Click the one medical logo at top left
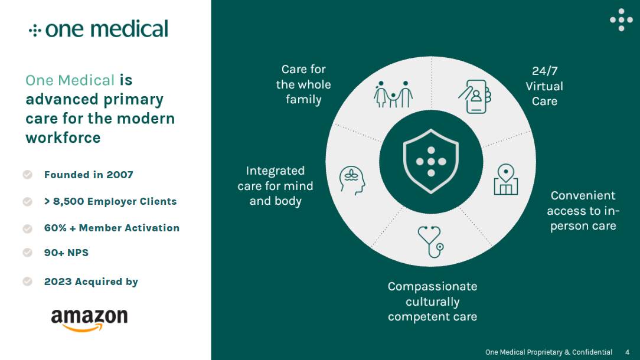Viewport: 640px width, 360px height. (x=99, y=29)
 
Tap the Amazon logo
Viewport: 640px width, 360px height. (x=89, y=319)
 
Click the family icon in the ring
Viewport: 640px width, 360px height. (x=393, y=94)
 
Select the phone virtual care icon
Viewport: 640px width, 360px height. (x=475, y=96)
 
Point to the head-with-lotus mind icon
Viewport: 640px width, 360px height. (x=352, y=180)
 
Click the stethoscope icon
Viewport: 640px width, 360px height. (x=431, y=241)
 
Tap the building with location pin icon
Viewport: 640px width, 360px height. (x=505, y=180)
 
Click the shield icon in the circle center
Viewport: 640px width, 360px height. (x=431, y=161)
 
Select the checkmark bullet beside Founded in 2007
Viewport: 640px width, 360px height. (x=27, y=175)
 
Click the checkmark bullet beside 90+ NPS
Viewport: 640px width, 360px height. (x=27, y=253)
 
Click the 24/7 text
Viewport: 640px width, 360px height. (x=544, y=71)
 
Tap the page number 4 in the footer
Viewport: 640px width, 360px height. (x=627, y=352)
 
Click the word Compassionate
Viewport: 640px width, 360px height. (x=432, y=287)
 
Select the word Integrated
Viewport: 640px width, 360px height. (x=275, y=171)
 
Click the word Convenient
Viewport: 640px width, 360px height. (x=583, y=196)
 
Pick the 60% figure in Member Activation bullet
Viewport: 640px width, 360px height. (x=55, y=228)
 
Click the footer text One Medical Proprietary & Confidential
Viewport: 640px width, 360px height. (x=548, y=352)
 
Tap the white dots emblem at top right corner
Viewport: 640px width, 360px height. (x=621, y=19)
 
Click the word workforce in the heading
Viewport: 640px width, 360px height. (x=63, y=138)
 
